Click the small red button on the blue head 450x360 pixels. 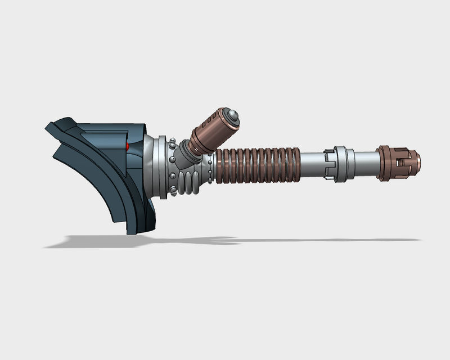click(x=128, y=147)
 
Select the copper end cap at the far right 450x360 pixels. click(x=399, y=163)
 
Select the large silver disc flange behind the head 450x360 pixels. click(x=162, y=167)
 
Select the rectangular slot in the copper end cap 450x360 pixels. click(x=401, y=164)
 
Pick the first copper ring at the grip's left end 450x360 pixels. click(x=219, y=164)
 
